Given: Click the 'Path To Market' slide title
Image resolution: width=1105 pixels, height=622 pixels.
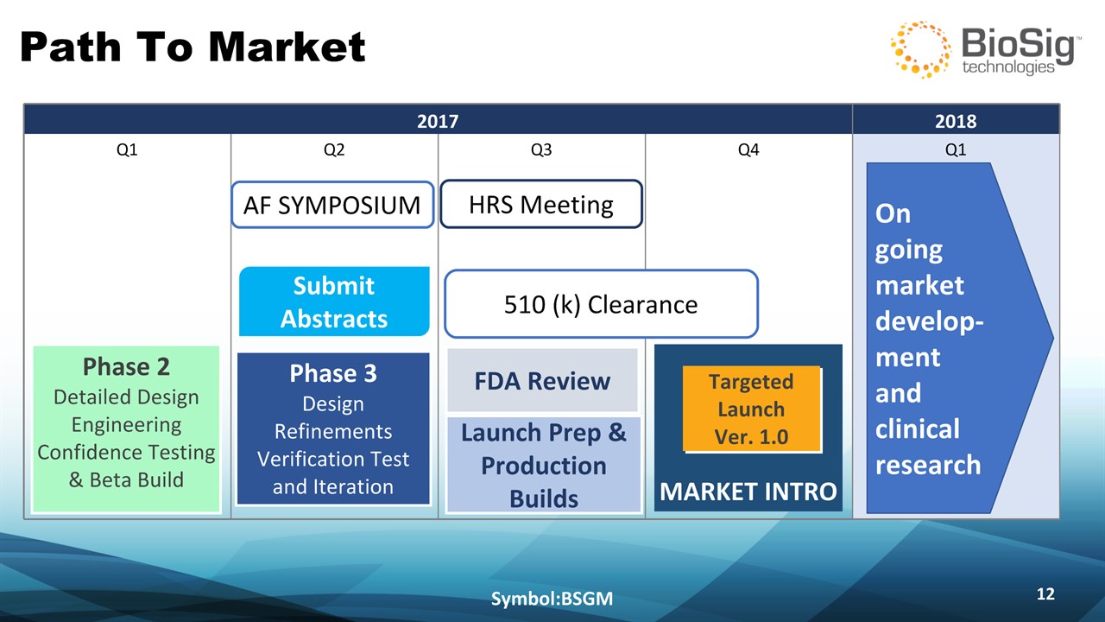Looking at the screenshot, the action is click(x=193, y=47).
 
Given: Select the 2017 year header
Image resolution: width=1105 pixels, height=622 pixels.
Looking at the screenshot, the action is click(x=438, y=121).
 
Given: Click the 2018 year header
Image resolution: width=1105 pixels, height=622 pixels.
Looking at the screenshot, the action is click(x=956, y=121).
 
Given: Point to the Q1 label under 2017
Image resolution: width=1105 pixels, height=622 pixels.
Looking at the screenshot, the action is click(x=127, y=149).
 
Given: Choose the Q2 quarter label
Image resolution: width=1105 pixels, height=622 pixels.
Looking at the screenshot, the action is click(x=334, y=149).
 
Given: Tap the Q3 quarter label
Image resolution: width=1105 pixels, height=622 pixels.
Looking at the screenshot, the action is click(x=541, y=149).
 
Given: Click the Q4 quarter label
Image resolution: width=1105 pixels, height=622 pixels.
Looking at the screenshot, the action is click(x=748, y=149).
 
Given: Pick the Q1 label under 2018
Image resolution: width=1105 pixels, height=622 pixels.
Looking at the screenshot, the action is click(x=956, y=149).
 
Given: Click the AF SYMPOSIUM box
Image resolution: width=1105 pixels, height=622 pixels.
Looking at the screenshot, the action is click(x=332, y=205).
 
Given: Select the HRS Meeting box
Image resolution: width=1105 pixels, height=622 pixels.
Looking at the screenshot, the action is click(x=541, y=204).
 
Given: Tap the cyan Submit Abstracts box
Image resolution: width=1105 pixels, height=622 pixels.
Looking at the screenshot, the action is click(x=334, y=301).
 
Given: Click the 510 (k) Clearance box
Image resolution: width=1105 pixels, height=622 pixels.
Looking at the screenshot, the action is click(x=601, y=304).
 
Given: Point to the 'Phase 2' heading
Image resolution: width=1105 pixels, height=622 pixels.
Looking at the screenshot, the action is click(x=126, y=367).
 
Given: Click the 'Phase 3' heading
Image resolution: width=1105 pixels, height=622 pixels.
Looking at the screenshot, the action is click(x=333, y=373).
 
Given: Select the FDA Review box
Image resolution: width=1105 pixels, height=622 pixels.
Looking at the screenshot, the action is click(x=542, y=380).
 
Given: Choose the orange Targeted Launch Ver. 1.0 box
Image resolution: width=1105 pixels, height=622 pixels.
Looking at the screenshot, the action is click(x=751, y=409).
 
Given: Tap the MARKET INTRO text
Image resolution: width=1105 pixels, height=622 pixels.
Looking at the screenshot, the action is click(x=748, y=492).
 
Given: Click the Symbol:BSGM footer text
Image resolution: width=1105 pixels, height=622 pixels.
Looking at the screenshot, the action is click(x=552, y=599).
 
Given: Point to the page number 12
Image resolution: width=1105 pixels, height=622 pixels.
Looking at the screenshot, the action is click(x=1045, y=593).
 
